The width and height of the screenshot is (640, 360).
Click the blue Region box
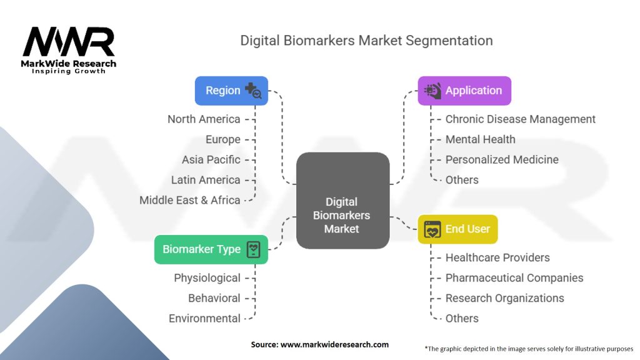tap(231, 91)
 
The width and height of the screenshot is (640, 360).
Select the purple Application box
tap(464, 91)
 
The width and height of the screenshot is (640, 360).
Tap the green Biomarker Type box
tap(211, 249)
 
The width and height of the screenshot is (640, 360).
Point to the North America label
tap(204, 119)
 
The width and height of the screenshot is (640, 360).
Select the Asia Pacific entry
tap(211, 159)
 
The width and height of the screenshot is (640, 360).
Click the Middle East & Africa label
tap(190, 200)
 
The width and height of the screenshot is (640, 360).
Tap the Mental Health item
tap(480, 139)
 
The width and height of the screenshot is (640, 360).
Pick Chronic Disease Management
tap(520, 119)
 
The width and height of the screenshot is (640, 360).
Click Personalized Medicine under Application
tap(502, 159)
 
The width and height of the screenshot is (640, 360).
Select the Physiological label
tap(207, 277)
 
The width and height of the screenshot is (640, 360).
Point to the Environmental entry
tap(204, 318)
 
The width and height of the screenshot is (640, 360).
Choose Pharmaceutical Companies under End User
tap(514, 277)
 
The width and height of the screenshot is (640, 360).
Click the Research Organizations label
tap(504, 298)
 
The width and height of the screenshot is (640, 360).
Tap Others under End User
tap(462, 318)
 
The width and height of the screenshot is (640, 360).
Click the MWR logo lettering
tap(69, 42)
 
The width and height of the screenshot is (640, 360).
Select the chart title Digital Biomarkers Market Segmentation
tap(366, 41)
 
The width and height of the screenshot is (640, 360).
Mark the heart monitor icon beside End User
tap(432, 229)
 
